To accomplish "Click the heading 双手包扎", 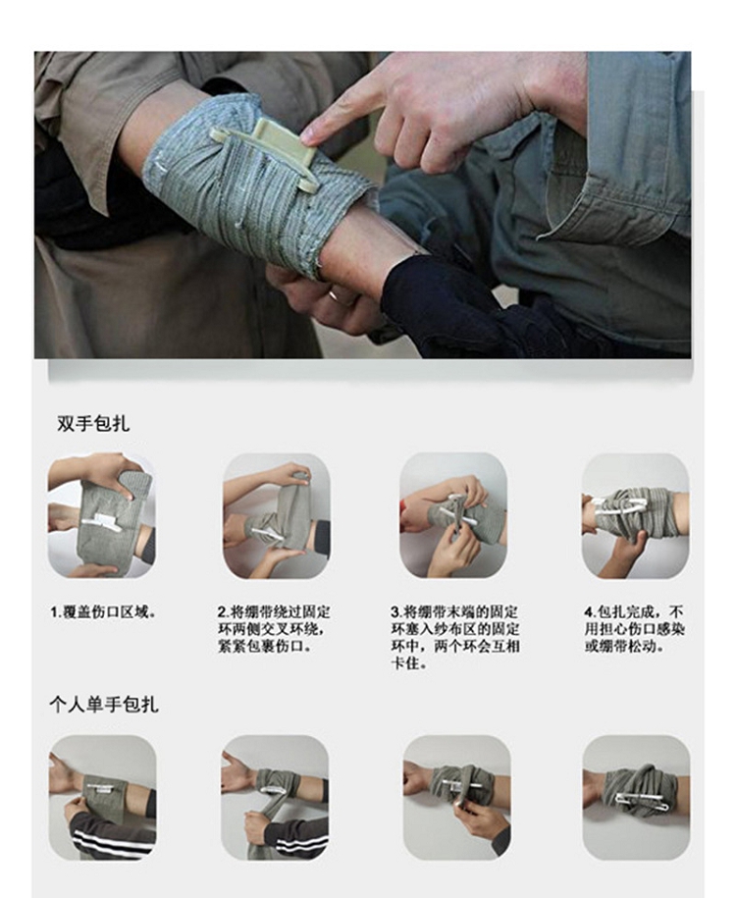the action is [x=93, y=423].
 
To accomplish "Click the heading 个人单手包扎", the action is [x=104, y=704].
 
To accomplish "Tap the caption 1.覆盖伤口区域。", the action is [x=104, y=612].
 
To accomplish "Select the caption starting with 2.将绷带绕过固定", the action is [x=274, y=629].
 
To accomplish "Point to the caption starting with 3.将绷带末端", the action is [x=454, y=637].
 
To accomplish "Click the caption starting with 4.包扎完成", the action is [x=635, y=629].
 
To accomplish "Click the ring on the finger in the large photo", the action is [x=334, y=296].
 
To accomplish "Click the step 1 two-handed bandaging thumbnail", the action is [x=101, y=515].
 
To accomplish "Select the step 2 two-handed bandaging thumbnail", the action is [x=276, y=515].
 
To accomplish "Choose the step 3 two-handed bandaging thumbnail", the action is [x=453, y=515].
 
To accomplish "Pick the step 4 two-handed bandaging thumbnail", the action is [x=636, y=515].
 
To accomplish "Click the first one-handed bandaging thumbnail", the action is [x=102, y=797].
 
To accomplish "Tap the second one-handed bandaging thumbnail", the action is [x=275, y=797].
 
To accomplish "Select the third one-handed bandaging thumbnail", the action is [x=457, y=797].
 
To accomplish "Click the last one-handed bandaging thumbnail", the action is [x=636, y=797].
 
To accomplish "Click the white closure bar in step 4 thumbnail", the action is [x=620, y=506].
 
